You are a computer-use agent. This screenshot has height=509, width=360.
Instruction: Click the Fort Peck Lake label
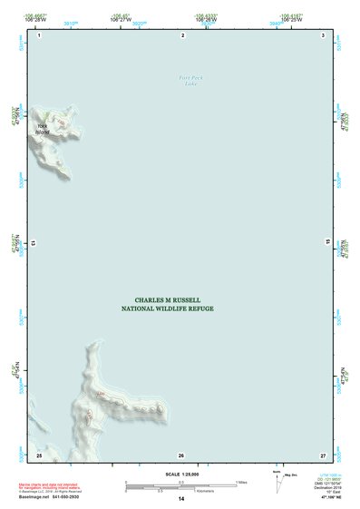point(191,81)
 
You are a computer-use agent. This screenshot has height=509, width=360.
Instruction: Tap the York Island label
point(44,129)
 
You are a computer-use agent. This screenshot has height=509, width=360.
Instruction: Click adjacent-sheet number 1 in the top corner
point(40,35)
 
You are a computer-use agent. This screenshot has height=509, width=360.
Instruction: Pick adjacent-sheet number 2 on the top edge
point(183,35)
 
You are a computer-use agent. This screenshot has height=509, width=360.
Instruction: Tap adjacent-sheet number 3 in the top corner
point(323,35)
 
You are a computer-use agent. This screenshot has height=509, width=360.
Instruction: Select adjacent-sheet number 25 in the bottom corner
point(39,454)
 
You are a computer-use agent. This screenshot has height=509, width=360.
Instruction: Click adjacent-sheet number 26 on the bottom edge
point(181,455)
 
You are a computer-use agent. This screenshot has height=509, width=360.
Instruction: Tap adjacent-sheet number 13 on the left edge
point(33,244)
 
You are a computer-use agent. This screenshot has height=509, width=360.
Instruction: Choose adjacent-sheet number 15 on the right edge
point(329,244)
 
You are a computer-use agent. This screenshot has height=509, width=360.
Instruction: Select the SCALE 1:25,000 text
point(180,474)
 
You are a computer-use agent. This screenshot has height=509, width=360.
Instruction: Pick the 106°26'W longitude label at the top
point(205,18)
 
